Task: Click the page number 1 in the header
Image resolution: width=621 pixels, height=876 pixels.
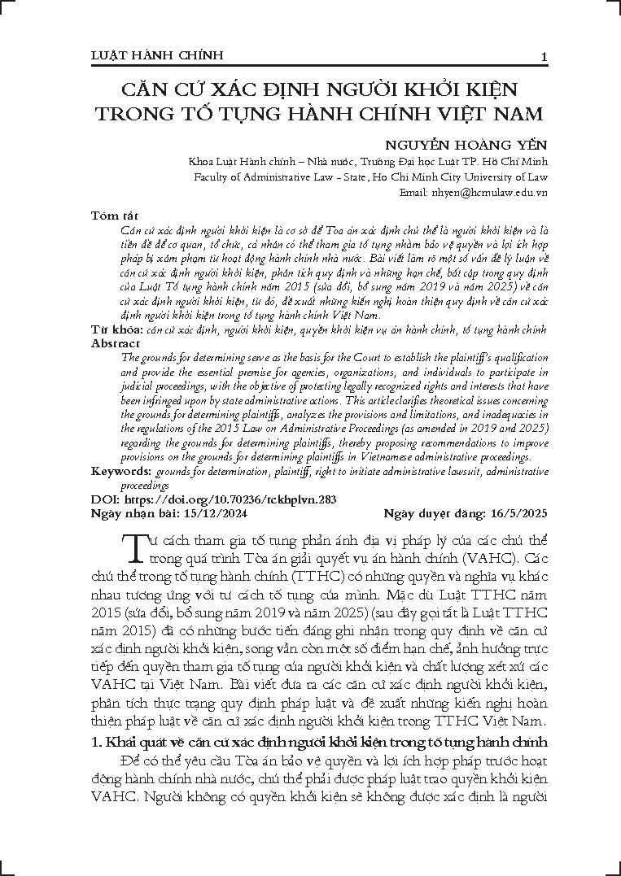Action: point(543,55)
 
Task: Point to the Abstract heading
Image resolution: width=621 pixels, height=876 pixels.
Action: point(116,343)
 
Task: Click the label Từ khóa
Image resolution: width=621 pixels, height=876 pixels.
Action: point(116,330)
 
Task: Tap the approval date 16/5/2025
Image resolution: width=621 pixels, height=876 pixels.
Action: point(519,513)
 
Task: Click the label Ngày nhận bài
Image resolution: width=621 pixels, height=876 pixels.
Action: point(133,513)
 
